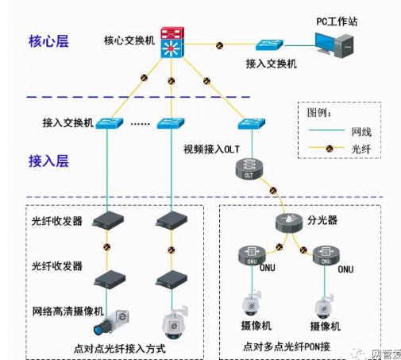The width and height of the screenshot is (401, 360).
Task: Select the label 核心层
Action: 48,41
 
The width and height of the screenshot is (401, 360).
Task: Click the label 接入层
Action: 48,161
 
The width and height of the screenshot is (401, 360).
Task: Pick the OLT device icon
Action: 248,168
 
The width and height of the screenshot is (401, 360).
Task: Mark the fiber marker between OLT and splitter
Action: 272,191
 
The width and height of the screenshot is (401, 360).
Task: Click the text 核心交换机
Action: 129,40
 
